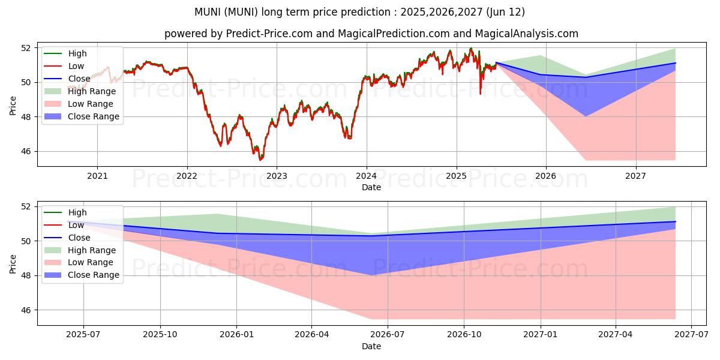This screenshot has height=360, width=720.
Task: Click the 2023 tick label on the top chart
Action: tap(277, 176)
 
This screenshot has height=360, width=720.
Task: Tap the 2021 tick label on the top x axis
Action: tap(97, 176)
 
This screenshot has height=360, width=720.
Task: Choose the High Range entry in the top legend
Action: tap(92, 91)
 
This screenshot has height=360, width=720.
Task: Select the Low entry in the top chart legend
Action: tap(76, 66)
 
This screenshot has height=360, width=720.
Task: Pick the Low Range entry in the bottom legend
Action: tap(91, 262)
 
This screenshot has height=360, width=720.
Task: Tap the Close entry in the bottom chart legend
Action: tap(79, 238)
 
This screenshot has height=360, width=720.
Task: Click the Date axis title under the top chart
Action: tap(371, 187)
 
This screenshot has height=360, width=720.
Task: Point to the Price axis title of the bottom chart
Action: tap(13, 263)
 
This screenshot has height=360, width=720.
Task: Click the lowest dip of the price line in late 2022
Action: tap(260, 160)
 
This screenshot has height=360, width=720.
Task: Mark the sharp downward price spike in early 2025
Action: tap(480, 93)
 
